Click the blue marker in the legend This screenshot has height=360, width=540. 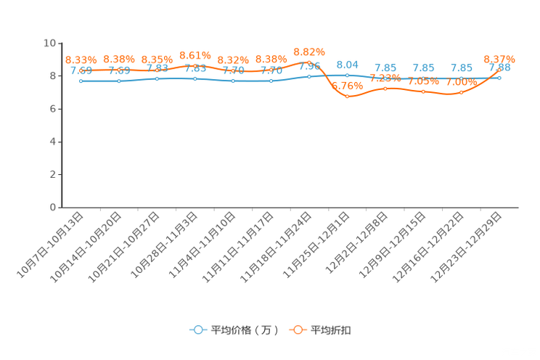click(x=197, y=330)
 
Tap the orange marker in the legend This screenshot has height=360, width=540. click(x=298, y=330)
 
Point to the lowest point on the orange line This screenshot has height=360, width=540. click(x=348, y=97)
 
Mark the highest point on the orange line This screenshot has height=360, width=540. click(x=309, y=62)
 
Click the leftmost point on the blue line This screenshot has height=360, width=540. click(x=81, y=81)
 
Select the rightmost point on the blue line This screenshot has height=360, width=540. click(x=500, y=76)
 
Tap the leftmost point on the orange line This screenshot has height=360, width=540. click(x=81, y=70)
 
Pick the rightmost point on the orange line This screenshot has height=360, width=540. click(x=500, y=68)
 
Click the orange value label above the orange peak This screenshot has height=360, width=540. click(x=309, y=52)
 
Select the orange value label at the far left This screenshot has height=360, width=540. click(x=81, y=60)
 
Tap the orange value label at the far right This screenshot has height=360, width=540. click(x=499, y=58)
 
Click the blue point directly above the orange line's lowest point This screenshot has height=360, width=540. click(x=348, y=75)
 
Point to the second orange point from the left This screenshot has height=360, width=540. click(x=119, y=70)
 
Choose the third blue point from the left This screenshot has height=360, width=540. click(x=157, y=78)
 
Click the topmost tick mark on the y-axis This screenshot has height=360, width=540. click(x=58, y=43)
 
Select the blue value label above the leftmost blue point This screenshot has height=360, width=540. click(x=81, y=70)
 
